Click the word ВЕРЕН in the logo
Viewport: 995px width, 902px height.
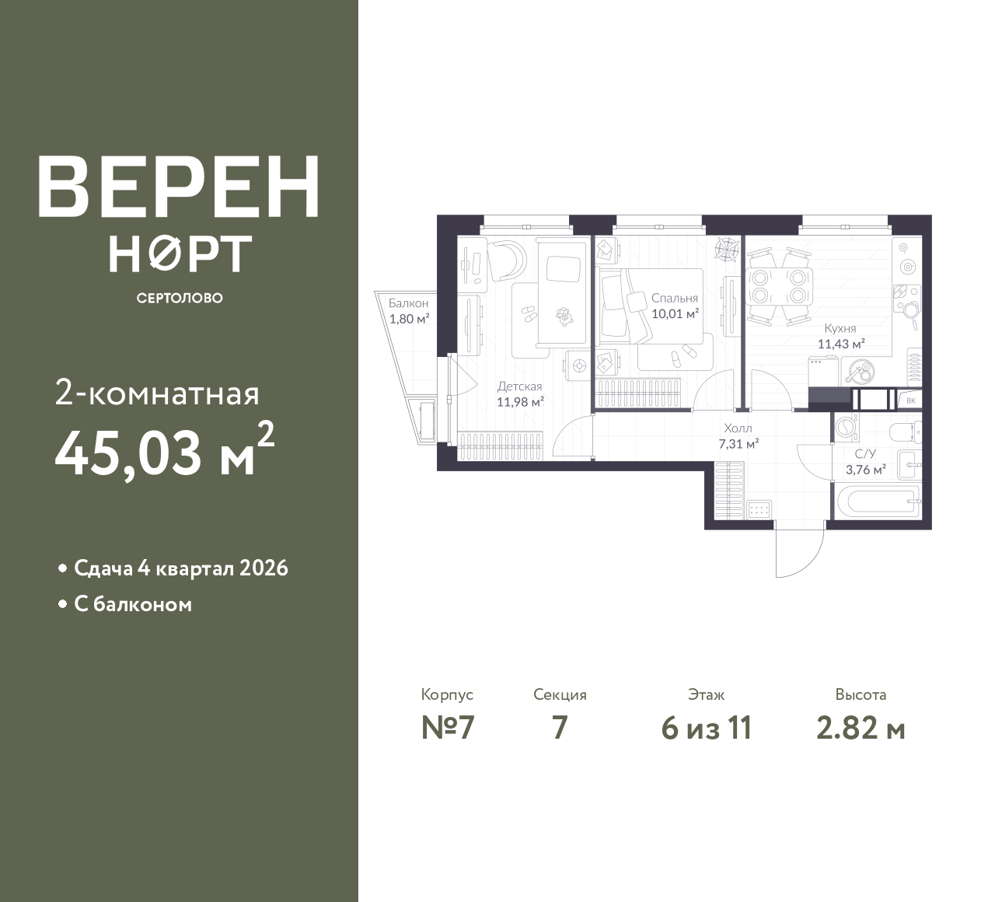click(x=178, y=187)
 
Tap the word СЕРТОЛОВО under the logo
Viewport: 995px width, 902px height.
click(x=180, y=298)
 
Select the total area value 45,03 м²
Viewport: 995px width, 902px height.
click(x=165, y=453)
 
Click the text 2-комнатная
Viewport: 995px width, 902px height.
click(x=157, y=394)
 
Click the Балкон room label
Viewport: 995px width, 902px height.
click(x=408, y=303)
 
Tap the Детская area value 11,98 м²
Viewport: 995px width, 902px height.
click(x=520, y=402)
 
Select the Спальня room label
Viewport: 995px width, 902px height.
click(x=675, y=298)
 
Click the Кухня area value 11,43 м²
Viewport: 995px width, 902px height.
click(x=841, y=344)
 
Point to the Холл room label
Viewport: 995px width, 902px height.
click(x=738, y=428)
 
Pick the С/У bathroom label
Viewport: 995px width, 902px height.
click(x=865, y=453)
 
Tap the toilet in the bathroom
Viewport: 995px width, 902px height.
click(x=906, y=431)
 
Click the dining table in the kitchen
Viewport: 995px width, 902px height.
click(x=780, y=288)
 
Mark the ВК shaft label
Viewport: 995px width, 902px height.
click(x=911, y=400)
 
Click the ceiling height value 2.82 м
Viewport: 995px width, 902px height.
click(x=861, y=729)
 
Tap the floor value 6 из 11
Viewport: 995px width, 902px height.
click(x=707, y=729)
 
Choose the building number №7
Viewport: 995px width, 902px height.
click(x=448, y=729)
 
